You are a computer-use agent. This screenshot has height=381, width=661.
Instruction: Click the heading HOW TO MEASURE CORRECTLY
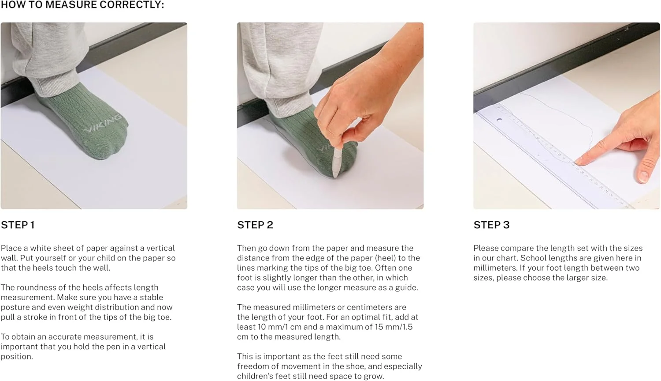(x=82, y=5)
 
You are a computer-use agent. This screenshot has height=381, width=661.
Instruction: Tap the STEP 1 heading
(x=18, y=225)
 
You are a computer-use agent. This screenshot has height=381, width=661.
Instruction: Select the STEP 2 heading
(x=255, y=225)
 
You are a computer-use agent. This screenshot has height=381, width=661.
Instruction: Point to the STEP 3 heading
(x=492, y=225)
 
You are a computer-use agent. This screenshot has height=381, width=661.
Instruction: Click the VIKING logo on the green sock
(x=103, y=123)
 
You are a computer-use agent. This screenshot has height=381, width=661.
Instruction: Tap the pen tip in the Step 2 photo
(x=335, y=177)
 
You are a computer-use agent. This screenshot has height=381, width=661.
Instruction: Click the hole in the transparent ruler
(x=499, y=120)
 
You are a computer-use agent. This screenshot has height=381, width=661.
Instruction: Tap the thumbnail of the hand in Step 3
(x=644, y=177)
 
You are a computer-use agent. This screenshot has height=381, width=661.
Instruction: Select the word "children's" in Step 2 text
(x=255, y=376)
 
